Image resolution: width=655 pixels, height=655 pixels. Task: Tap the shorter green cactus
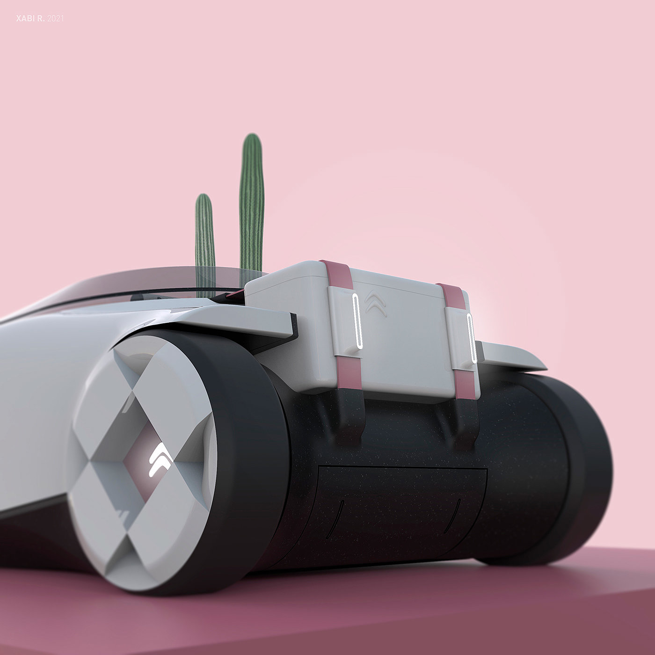tap(205, 245)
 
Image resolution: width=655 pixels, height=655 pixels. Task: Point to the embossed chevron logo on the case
tap(376, 304)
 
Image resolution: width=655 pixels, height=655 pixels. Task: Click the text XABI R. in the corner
tap(30, 19)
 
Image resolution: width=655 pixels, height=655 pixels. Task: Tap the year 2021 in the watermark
tap(55, 19)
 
